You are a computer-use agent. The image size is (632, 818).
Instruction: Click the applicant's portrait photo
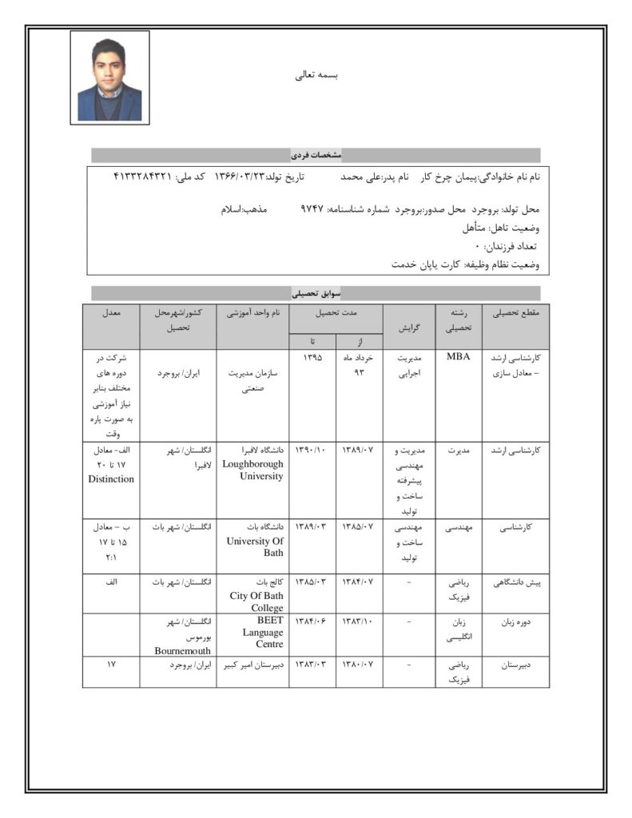coord(109,76)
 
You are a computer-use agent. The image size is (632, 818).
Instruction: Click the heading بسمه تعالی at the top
coord(317,76)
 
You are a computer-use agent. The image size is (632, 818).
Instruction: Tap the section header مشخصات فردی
coord(316,154)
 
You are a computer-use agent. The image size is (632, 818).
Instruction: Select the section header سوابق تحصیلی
coord(316,293)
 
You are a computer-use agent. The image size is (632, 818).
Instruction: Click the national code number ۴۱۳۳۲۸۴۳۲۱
coord(144,175)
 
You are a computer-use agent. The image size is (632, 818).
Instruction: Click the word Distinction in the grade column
coord(111,478)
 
